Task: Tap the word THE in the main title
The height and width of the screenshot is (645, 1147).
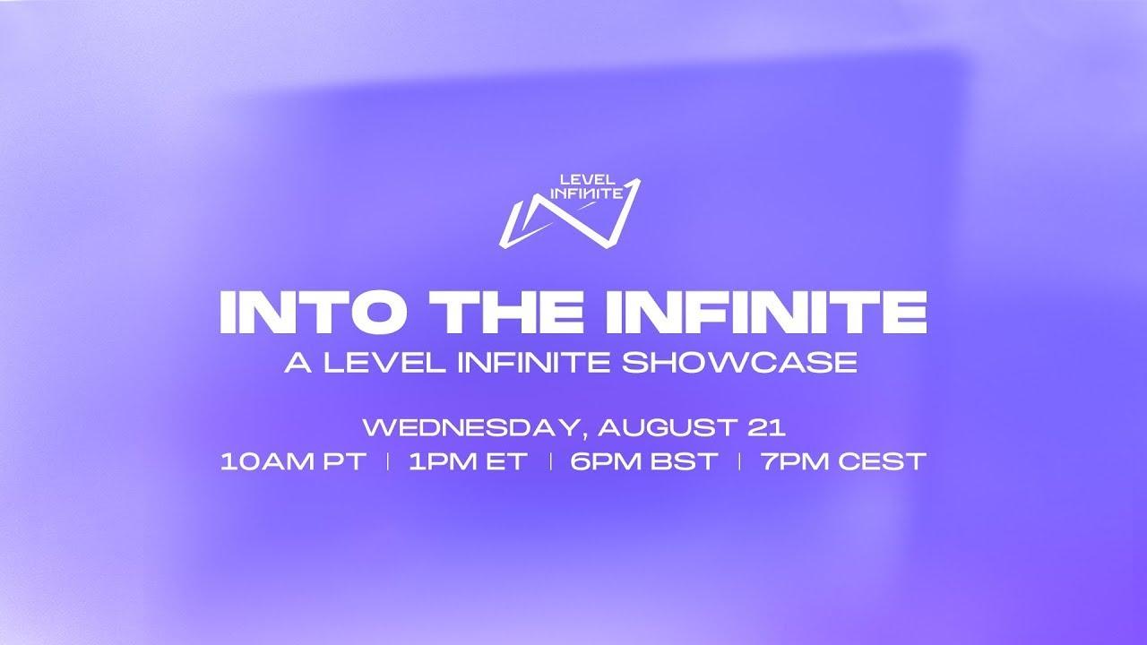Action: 512,313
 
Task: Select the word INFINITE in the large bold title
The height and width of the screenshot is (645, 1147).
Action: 766,313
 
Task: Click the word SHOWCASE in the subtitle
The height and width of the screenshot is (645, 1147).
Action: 739,363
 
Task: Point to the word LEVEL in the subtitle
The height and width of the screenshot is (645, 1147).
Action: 384,363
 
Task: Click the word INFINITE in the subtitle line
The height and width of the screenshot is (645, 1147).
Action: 533,363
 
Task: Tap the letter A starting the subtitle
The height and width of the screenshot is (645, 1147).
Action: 298,363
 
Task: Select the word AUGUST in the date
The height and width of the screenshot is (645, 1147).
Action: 668,427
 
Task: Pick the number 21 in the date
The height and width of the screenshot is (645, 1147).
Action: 766,427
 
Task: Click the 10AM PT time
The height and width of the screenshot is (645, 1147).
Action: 293,461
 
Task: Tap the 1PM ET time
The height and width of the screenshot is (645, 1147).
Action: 468,461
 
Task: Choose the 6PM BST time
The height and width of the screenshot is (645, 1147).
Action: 643,461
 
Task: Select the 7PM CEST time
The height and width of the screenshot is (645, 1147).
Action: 843,461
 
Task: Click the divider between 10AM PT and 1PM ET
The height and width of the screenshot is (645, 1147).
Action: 388,461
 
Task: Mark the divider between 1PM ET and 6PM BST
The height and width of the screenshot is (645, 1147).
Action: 550,461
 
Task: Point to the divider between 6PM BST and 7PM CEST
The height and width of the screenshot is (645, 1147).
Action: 739,461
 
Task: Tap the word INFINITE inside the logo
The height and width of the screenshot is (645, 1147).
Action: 587,193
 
